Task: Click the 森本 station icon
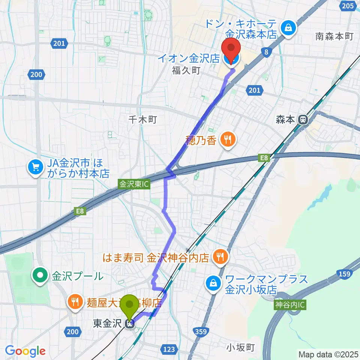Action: click(x=302, y=120)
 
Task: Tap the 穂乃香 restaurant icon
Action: click(x=227, y=139)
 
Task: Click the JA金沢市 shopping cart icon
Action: click(x=36, y=166)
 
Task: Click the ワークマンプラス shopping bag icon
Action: click(x=213, y=283)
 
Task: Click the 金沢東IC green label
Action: click(x=134, y=184)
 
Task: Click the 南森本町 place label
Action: click(x=334, y=36)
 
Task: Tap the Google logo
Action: click(x=25, y=351)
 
